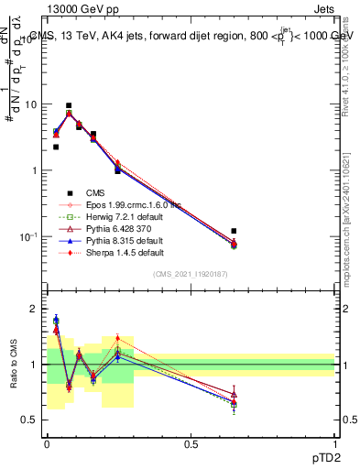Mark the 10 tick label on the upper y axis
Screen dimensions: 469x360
pos(29,104)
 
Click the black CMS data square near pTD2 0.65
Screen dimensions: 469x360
pos(235,231)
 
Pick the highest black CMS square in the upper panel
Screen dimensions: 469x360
pos(69,105)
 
